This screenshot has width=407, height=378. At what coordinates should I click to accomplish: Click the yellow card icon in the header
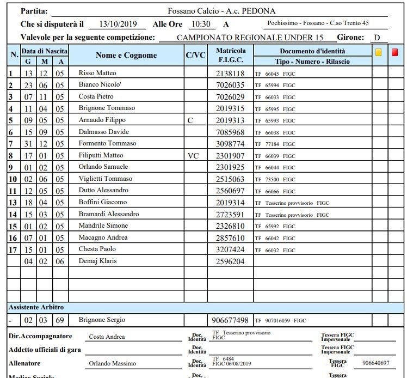coord(379,53)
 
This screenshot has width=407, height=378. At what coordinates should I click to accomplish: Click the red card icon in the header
coord(394,53)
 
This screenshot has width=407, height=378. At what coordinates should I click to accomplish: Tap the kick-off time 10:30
coord(201,25)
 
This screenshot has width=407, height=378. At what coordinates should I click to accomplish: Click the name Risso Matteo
coord(97,73)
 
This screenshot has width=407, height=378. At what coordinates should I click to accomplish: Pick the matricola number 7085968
coord(230,132)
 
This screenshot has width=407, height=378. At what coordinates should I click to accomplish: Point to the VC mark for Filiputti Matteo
coord(193,156)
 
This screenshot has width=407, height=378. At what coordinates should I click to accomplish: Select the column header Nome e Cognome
coord(126,55)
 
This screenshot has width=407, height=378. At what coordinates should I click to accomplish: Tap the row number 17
coord(13,249)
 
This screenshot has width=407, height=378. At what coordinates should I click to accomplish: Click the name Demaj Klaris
coord(97,261)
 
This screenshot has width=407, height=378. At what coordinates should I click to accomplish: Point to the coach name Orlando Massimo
coord(112,363)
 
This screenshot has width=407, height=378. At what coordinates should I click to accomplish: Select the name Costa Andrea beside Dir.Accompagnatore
coord(107,337)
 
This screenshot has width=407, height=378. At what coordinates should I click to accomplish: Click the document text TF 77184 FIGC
coord(275,144)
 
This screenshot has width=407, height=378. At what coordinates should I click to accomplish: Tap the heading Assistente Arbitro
coord(36,307)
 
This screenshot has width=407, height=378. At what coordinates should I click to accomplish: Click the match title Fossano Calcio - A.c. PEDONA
coord(221,11)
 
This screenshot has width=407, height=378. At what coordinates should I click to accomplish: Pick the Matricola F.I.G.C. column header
coord(230,55)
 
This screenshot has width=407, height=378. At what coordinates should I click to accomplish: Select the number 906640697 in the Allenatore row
coord(375,363)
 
